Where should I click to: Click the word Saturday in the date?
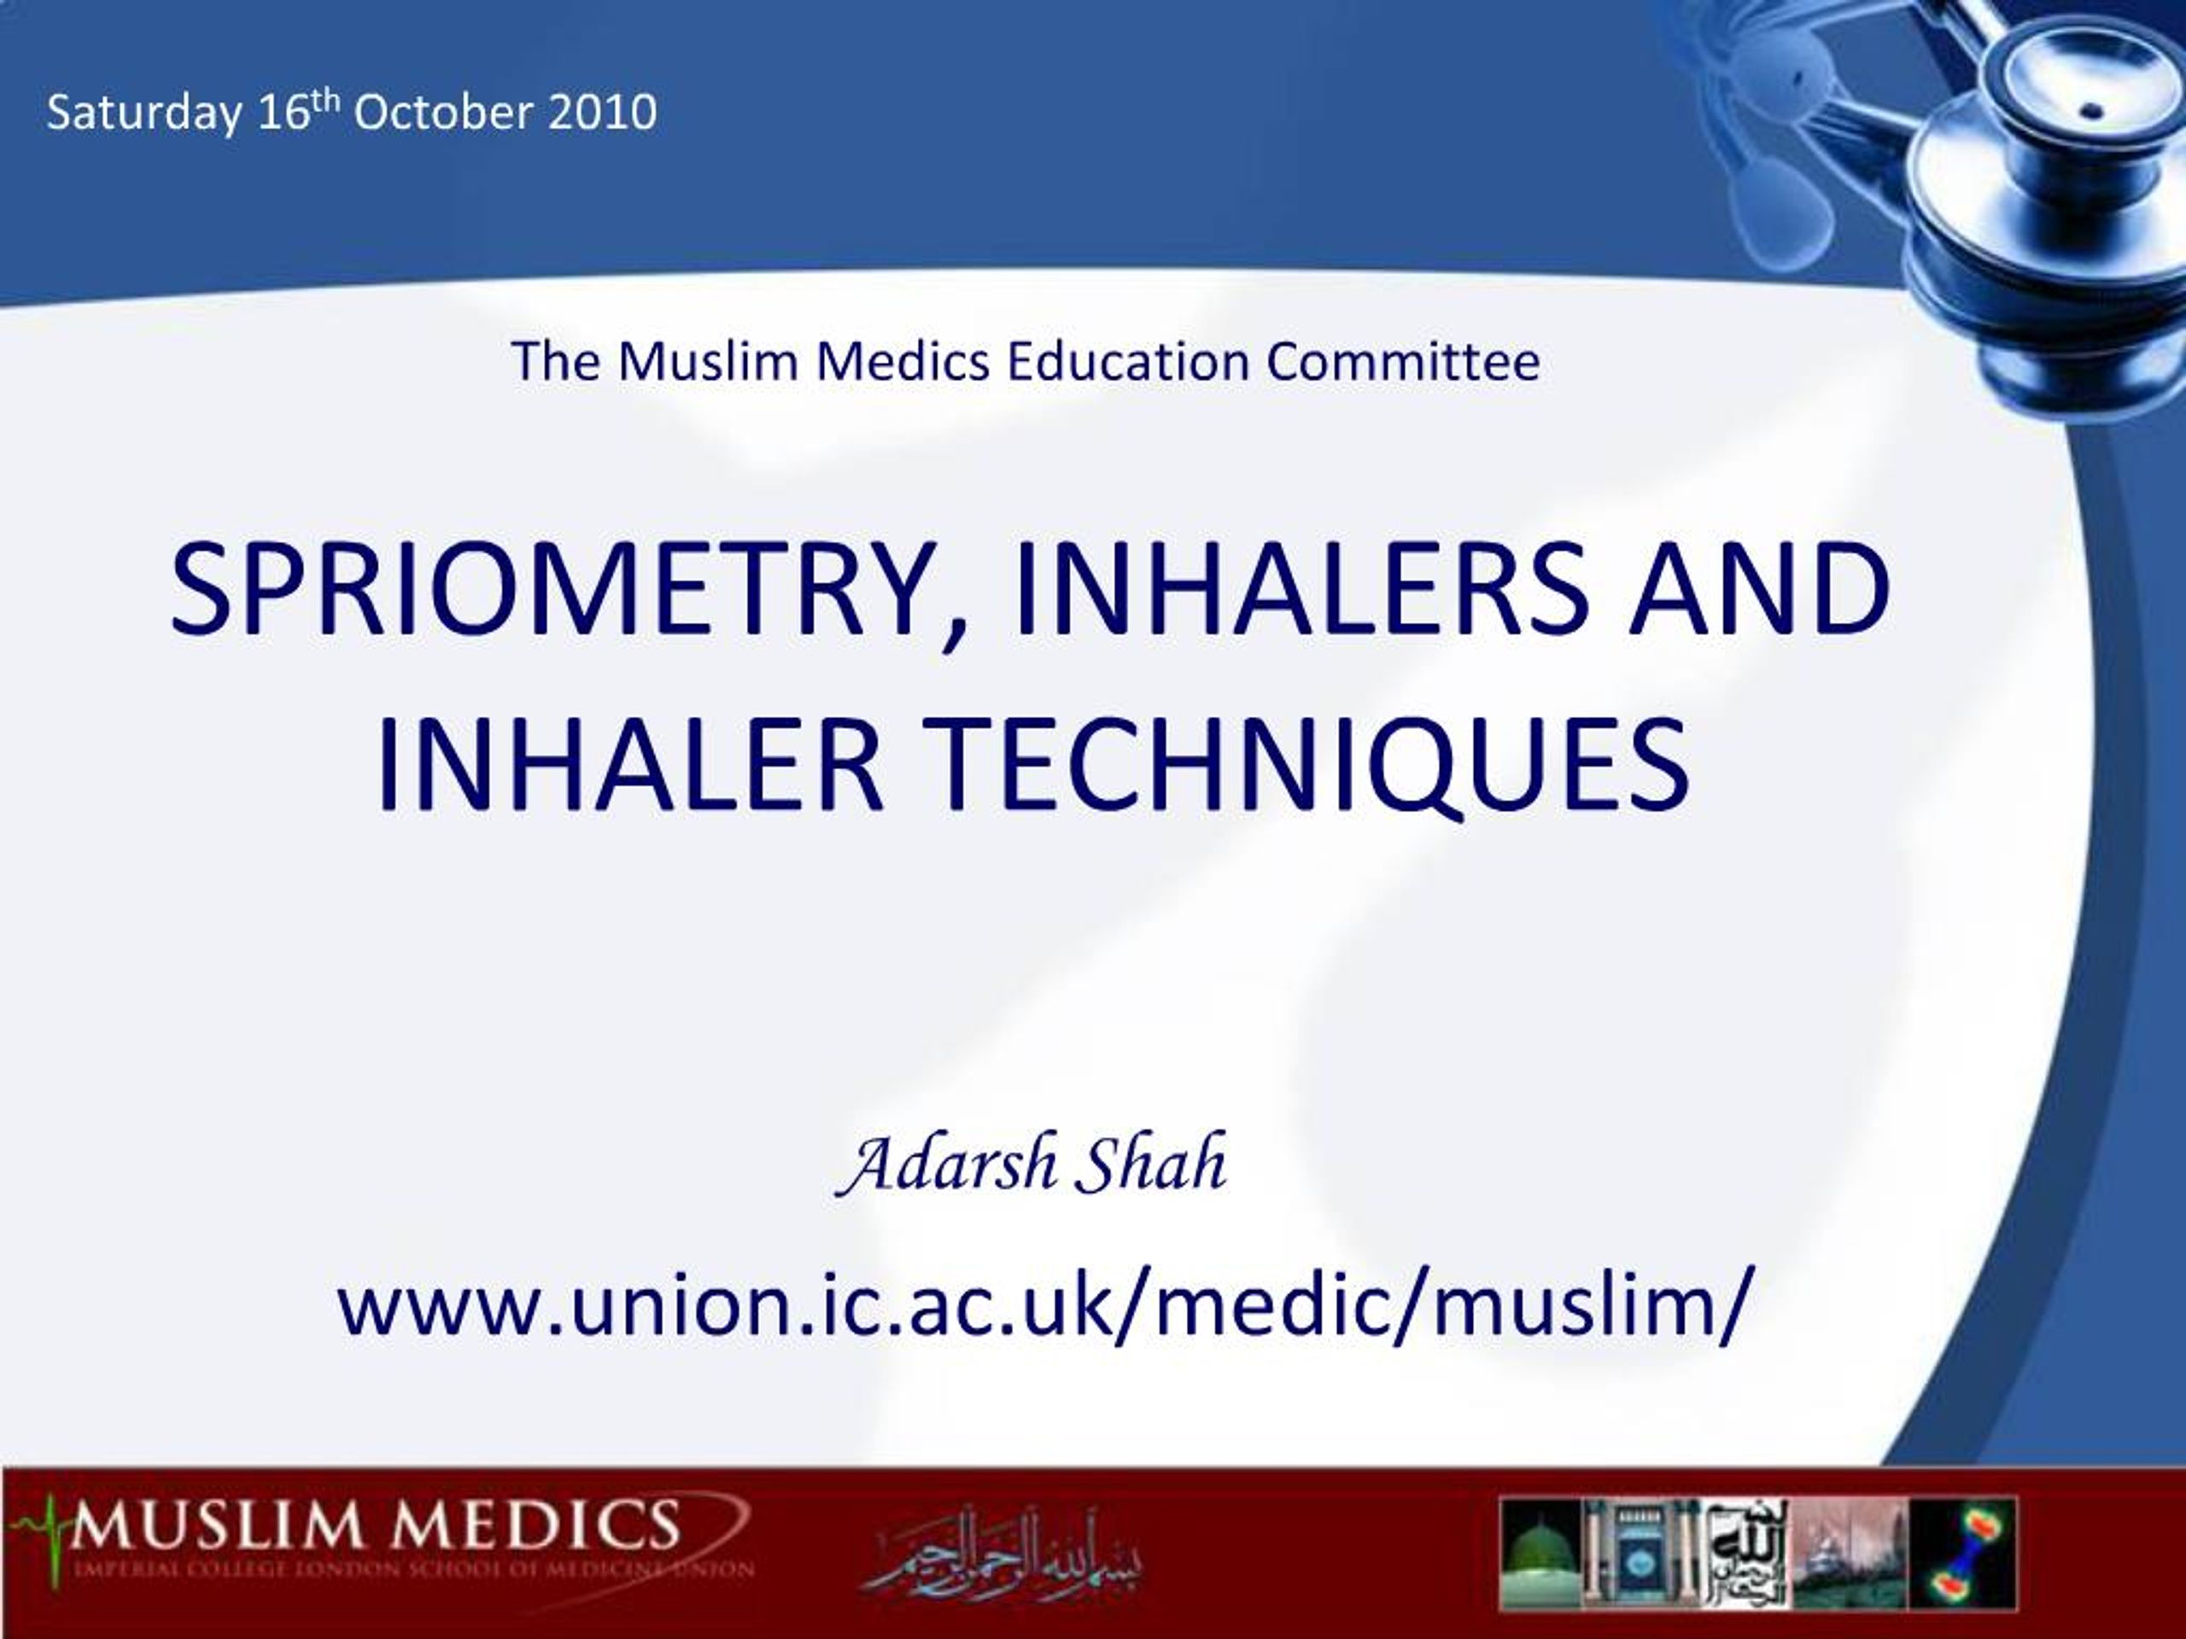[x=143, y=113]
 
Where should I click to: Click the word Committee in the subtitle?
[x=1402, y=362]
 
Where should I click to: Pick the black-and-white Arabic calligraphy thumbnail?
[x=1749, y=1554]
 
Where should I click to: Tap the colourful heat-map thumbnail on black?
[x=1961, y=1554]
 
